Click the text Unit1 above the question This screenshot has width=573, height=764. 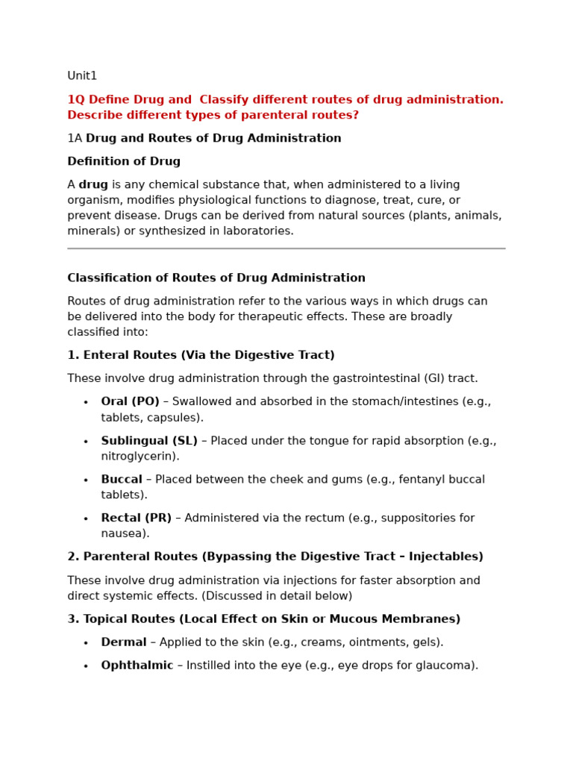[x=82, y=76]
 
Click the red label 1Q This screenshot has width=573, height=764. [x=75, y=100]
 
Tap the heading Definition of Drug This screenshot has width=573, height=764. [x=124, y=162]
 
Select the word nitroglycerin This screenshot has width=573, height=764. [x=139, y=457]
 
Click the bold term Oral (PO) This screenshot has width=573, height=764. [x=131, y=402]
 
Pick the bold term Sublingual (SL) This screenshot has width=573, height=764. [x=149, y=441]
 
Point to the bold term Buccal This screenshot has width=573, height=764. [x=122, y=480]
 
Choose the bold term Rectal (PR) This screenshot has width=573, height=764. [x=137, y=519]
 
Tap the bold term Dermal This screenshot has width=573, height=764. [x=124, y=642]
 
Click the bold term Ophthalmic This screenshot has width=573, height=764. [x=137, y=666]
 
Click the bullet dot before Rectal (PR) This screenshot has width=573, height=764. [x=86, y=519]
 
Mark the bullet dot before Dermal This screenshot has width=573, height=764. [x=86, y=643]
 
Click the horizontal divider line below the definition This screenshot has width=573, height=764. [x=286, y=248]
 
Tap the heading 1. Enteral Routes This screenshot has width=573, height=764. [x=201, y=356]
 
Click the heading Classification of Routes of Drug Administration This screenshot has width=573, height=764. [x=216, y=278]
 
